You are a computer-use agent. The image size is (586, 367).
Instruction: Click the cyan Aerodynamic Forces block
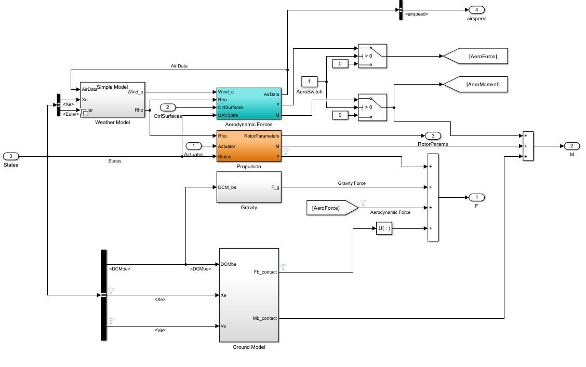point(249,104)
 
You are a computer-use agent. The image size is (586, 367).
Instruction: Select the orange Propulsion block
point(249,146)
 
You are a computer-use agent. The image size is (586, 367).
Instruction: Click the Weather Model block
point(112,99)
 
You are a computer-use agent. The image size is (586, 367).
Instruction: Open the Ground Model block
point(249,295)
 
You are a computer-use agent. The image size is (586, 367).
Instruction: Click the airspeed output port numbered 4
point(476,10)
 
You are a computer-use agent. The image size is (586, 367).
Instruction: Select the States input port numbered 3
point(11,156)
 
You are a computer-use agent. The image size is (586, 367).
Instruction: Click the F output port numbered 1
point(476,197)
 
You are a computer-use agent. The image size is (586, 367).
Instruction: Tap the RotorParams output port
point(432,136)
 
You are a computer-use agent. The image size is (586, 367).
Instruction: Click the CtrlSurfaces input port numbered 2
point(168,107)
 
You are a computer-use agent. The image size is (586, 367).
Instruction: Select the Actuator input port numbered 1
point(193,146)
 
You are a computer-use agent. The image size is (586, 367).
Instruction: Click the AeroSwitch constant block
point(309,81)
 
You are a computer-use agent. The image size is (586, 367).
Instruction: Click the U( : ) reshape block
point(383,229)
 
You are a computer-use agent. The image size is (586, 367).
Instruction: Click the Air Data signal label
point(179,66)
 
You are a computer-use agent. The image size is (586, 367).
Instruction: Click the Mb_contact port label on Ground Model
point(264,318)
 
